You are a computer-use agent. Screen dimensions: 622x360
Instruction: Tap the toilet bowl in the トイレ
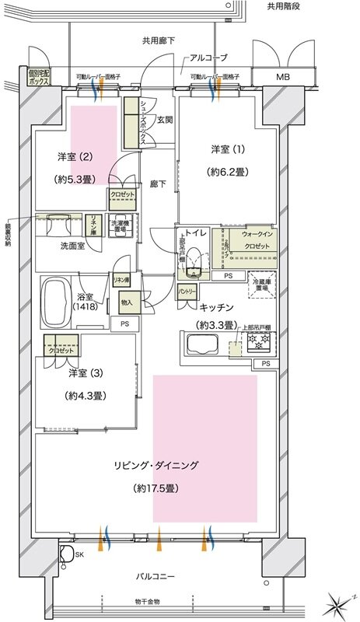192,259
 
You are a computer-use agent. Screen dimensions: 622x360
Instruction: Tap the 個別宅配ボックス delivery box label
40,75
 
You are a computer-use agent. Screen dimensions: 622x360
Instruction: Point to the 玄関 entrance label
164,120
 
